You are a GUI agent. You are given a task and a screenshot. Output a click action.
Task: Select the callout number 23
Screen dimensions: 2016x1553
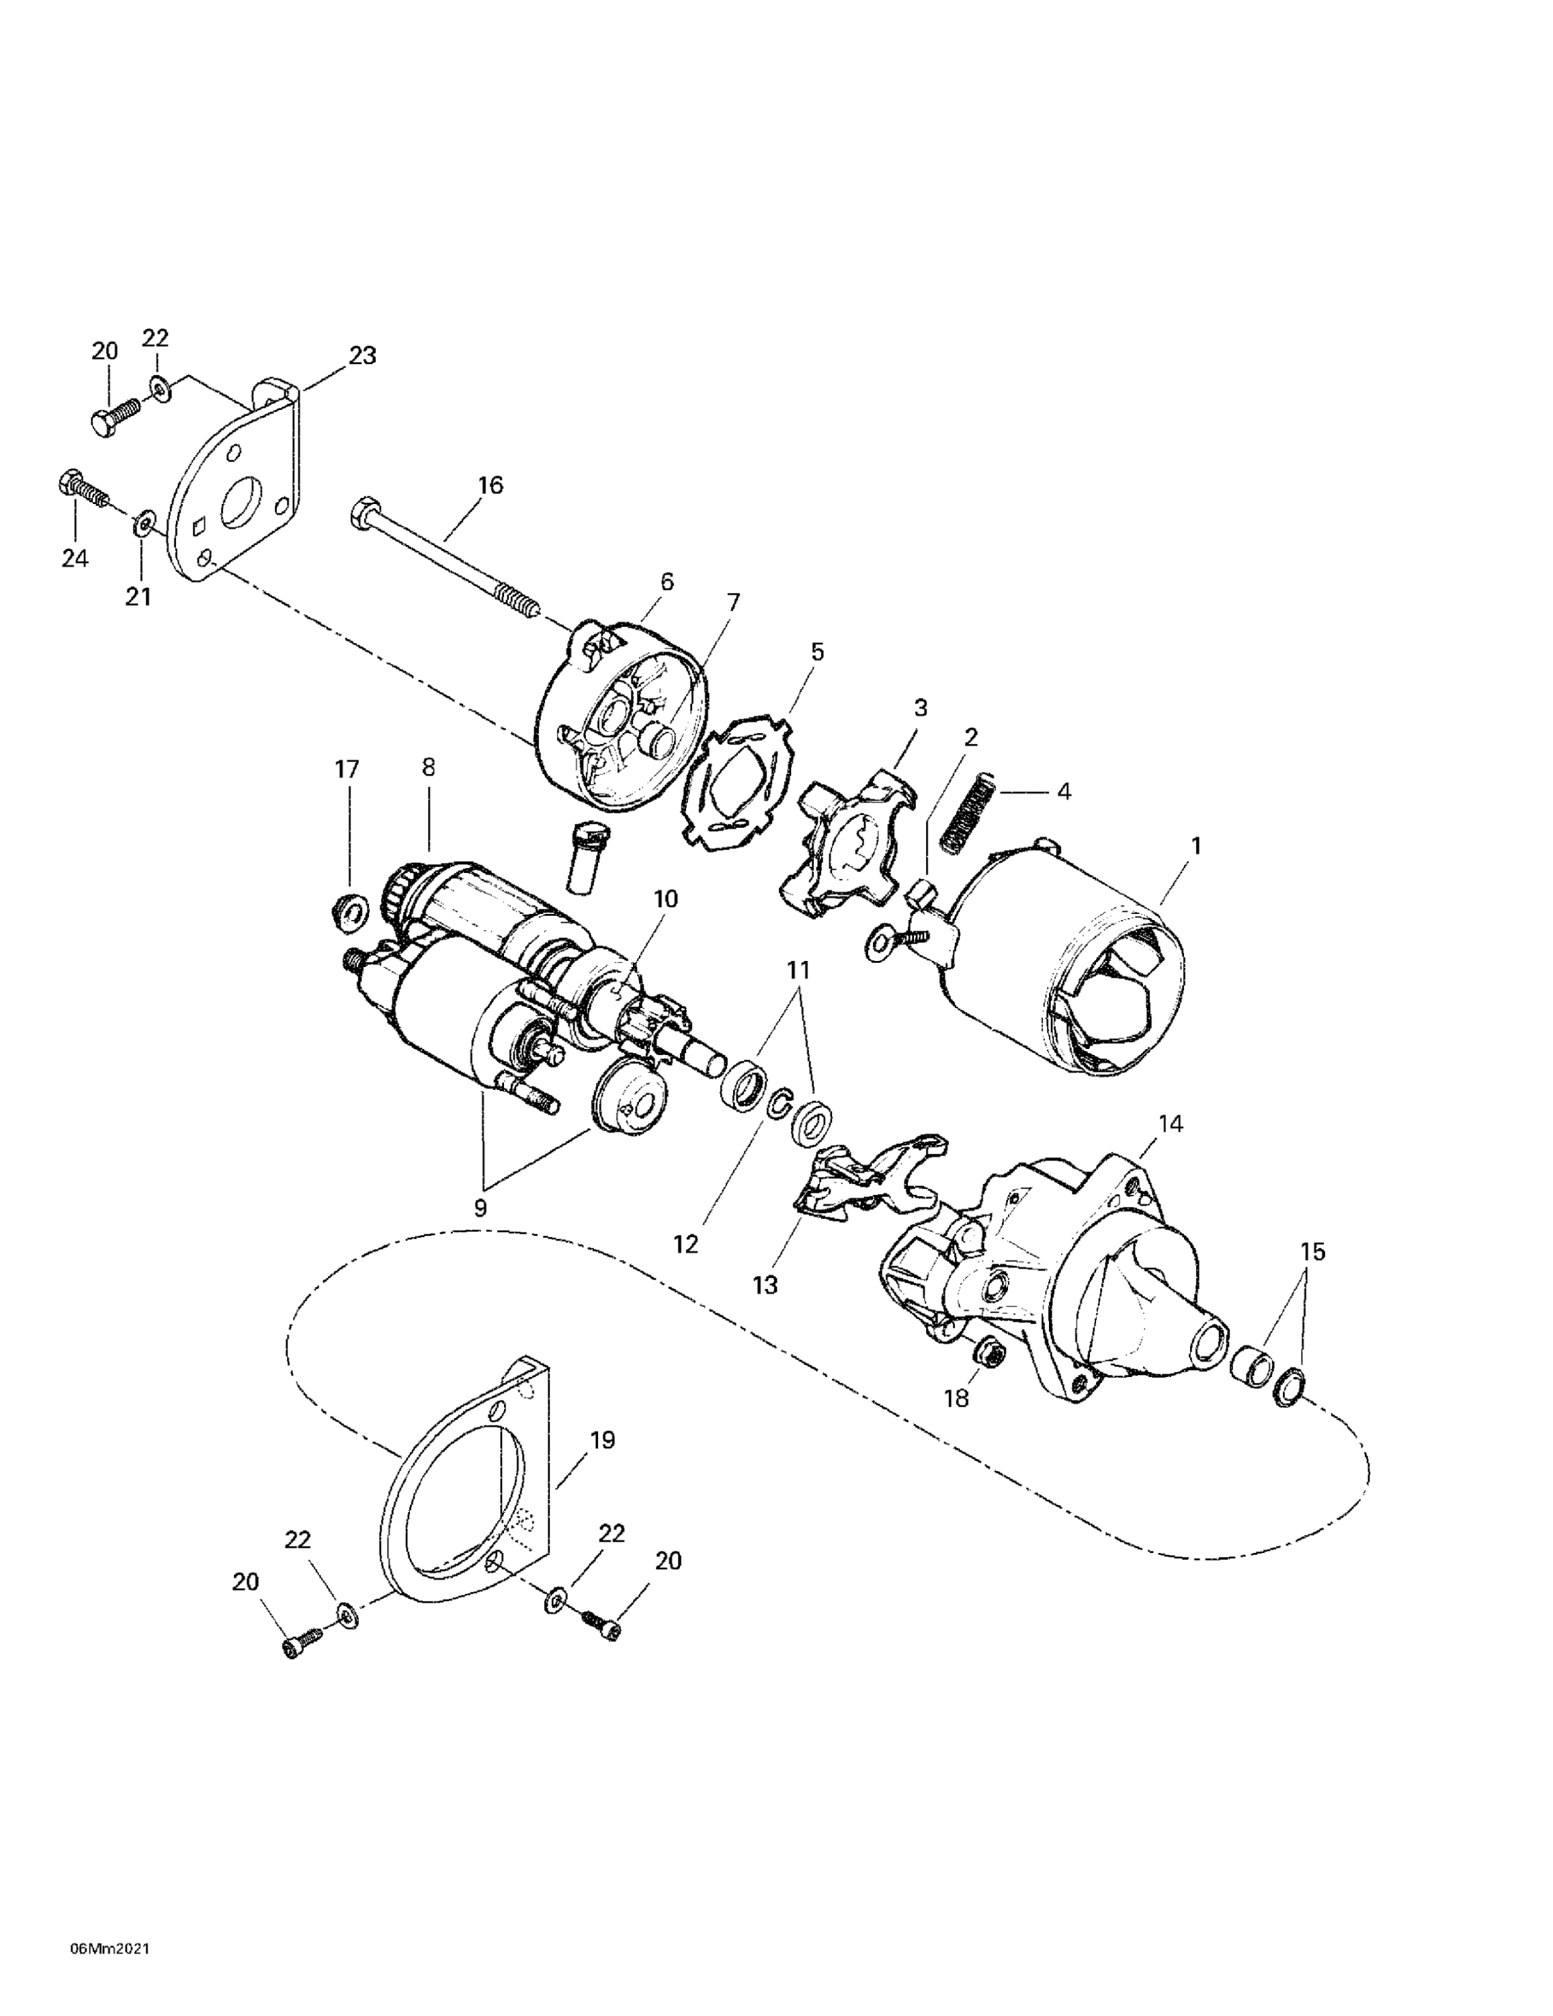[x=362, y=355]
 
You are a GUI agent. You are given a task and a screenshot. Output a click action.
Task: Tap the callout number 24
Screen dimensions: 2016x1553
[x=75, y=558]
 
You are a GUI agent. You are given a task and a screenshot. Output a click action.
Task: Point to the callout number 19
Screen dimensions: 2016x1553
[x=602, y=1440]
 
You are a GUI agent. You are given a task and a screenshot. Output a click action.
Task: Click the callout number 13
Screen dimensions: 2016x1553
[x=765, y=1284]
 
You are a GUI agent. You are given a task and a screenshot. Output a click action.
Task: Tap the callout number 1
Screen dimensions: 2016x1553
[x=1195, y=845]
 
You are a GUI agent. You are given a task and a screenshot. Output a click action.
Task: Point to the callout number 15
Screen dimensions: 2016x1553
[x=1312, y=1252]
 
